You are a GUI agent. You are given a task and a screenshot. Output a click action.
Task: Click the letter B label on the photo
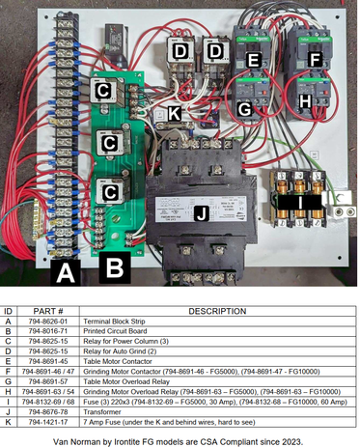tap(113, 264)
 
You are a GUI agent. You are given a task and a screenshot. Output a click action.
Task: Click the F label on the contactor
tap(314, 60)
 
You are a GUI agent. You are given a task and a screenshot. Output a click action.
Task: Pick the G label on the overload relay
tap(245, 109)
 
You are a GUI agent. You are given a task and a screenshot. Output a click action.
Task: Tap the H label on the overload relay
tap(305, 99)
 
